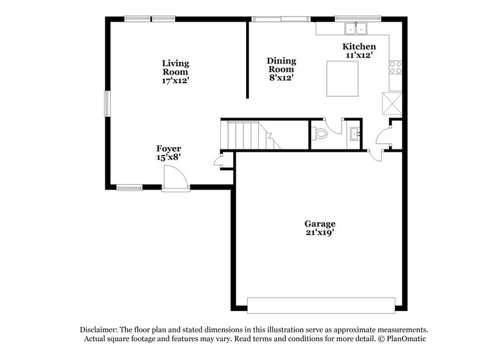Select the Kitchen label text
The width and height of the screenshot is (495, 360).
tap(359, 47)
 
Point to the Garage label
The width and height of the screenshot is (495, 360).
tap(320, 223)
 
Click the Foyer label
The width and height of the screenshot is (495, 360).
tap(168, 149)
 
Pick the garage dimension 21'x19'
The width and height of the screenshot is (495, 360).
tap(320, 233)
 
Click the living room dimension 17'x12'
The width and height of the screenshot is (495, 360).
tap(176, 80)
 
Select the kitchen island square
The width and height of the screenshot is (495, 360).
tap(342, 78)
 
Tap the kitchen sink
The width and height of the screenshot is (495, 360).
tap(355, 28)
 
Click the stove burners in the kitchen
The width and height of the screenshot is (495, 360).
tap(395, 67)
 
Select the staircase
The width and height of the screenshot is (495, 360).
tap(248, 135)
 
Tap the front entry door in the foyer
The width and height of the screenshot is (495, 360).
tap(176, 181)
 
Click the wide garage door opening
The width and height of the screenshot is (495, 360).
tap(321, 305)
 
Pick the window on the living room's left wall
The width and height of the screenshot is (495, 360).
tap(107, 103)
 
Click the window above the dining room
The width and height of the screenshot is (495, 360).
tap(281, 19)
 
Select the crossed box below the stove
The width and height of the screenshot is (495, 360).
tap(392, 102)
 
